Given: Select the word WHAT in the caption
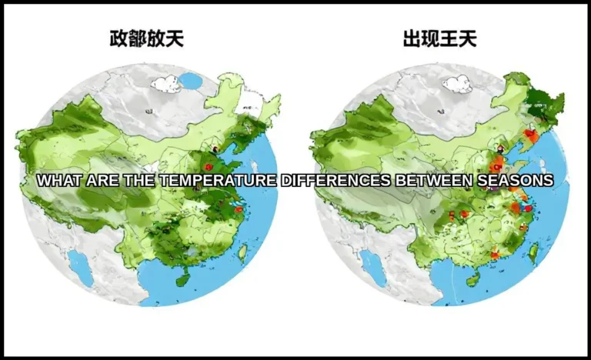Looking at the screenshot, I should click(58, 181).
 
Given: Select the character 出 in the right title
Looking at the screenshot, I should click(412, 39).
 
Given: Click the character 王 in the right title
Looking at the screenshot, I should click(449, 39).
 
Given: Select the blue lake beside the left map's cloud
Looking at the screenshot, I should click(189, 79).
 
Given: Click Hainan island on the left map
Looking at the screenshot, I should click(182, 280).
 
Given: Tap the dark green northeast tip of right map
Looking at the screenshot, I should click(549, 104).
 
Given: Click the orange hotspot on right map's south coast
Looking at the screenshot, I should click(494, 255).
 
